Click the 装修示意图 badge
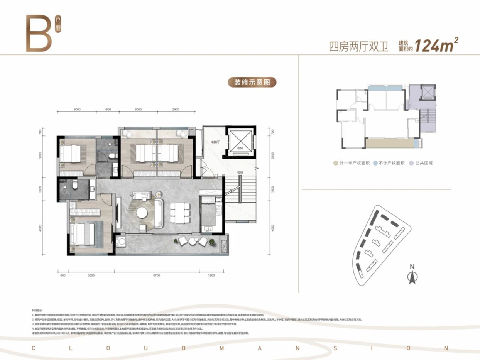point(252,83)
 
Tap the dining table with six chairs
point(180,213)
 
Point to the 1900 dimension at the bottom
point(211,275)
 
